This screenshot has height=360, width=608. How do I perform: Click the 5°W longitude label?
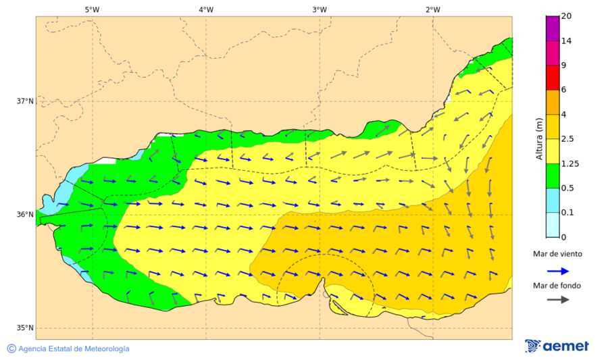point(92,9)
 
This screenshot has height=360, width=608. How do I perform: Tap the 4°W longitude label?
point(206,9)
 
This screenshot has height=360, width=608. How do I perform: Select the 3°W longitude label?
point(320,9)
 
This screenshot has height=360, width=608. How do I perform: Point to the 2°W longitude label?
point(433,9)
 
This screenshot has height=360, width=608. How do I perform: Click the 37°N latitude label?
point(25,101)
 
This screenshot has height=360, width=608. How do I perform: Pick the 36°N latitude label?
point(25,215)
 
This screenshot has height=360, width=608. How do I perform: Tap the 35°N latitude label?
point(25,328)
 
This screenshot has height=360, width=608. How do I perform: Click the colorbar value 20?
point(567,16)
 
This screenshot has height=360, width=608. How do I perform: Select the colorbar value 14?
point(567,41)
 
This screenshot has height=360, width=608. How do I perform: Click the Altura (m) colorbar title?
point(539,138)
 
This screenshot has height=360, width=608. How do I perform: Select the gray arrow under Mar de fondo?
point(557,300)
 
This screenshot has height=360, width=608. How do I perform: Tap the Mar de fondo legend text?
point(557,286)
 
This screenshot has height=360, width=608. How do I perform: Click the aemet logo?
point(557,346)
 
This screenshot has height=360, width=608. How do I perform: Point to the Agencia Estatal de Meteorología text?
point(73,349)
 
